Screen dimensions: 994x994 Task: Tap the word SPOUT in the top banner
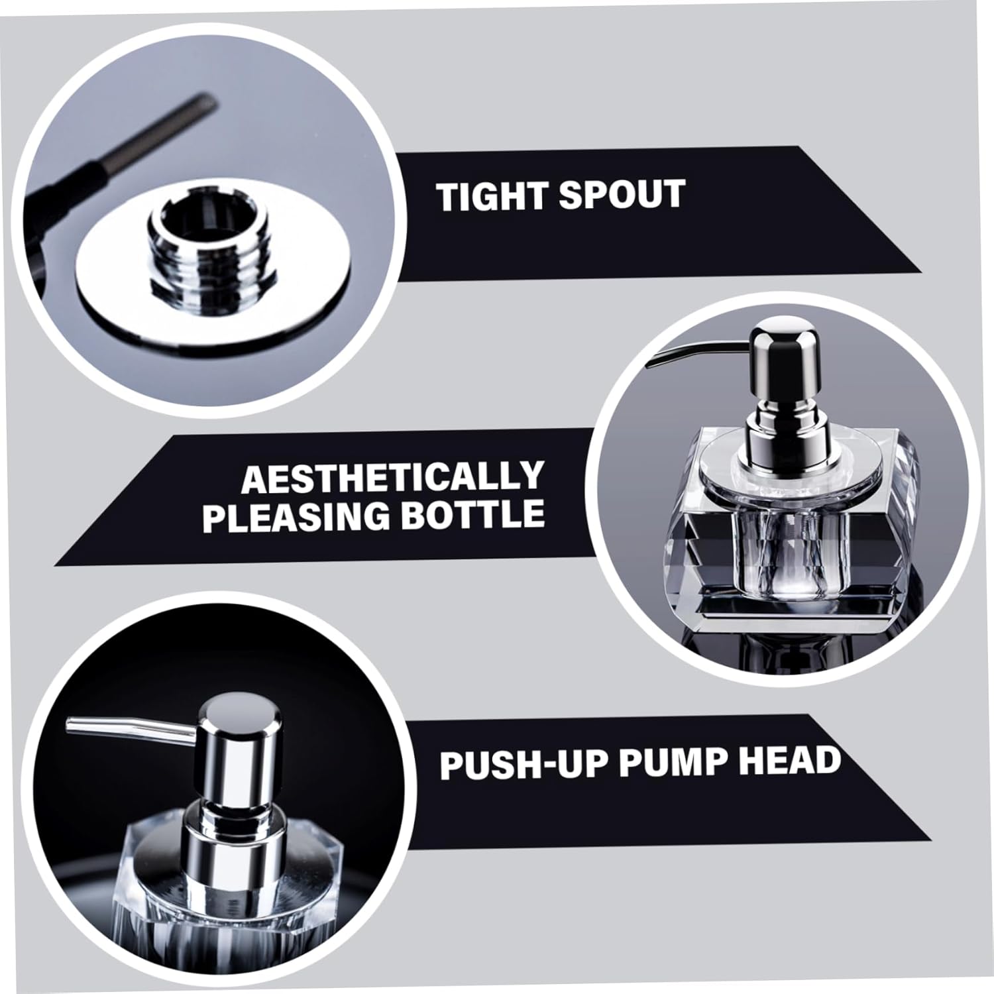coord(621,195)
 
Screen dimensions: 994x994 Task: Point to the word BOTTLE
coord(472,515)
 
